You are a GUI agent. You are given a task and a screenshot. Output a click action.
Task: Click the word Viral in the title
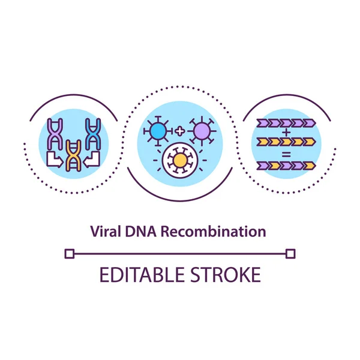[103, 231]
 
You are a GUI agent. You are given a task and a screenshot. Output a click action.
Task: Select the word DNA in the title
[138, 231]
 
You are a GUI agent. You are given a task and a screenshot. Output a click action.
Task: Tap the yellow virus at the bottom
[179, 160]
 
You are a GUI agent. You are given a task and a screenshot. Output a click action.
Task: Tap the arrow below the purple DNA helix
[53, 160]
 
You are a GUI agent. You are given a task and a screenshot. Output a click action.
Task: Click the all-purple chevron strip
[285, 124]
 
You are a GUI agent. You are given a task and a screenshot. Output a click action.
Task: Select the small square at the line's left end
[69, 254]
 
